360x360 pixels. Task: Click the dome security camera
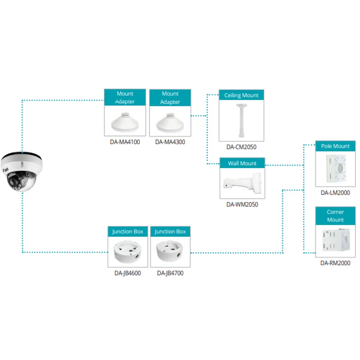click(x=22, y=171)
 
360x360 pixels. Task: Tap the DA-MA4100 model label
click(x=125, y=142)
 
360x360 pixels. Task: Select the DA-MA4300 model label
click(x=170, y=142)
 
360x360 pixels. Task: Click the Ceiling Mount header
click(x=241, y=95)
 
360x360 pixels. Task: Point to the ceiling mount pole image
click(x=241, y=121)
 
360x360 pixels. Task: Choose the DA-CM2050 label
click(x=241, y=147)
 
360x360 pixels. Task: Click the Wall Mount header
click(x=242, y=163)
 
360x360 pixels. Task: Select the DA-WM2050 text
click(x=242, y=204)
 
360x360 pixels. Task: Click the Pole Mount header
click(x=335, y=146)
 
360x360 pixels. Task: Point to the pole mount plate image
click(x=336, y=168)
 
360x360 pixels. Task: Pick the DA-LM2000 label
click(x=335, y=193)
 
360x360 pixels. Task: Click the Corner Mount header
click(x=335, y=216)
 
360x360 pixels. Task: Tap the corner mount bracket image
click(x=336, y=240)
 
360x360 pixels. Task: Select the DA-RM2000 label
click(x=335, y=263)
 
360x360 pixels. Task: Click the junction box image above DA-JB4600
click(x=127, y=252)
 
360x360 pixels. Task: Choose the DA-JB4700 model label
click(x=170, y=273)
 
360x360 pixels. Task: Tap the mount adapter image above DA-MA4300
click(x=170, y=123)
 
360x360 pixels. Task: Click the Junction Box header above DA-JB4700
click(x=170, y=231)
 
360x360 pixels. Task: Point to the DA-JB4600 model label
click(x=128, y=273)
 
